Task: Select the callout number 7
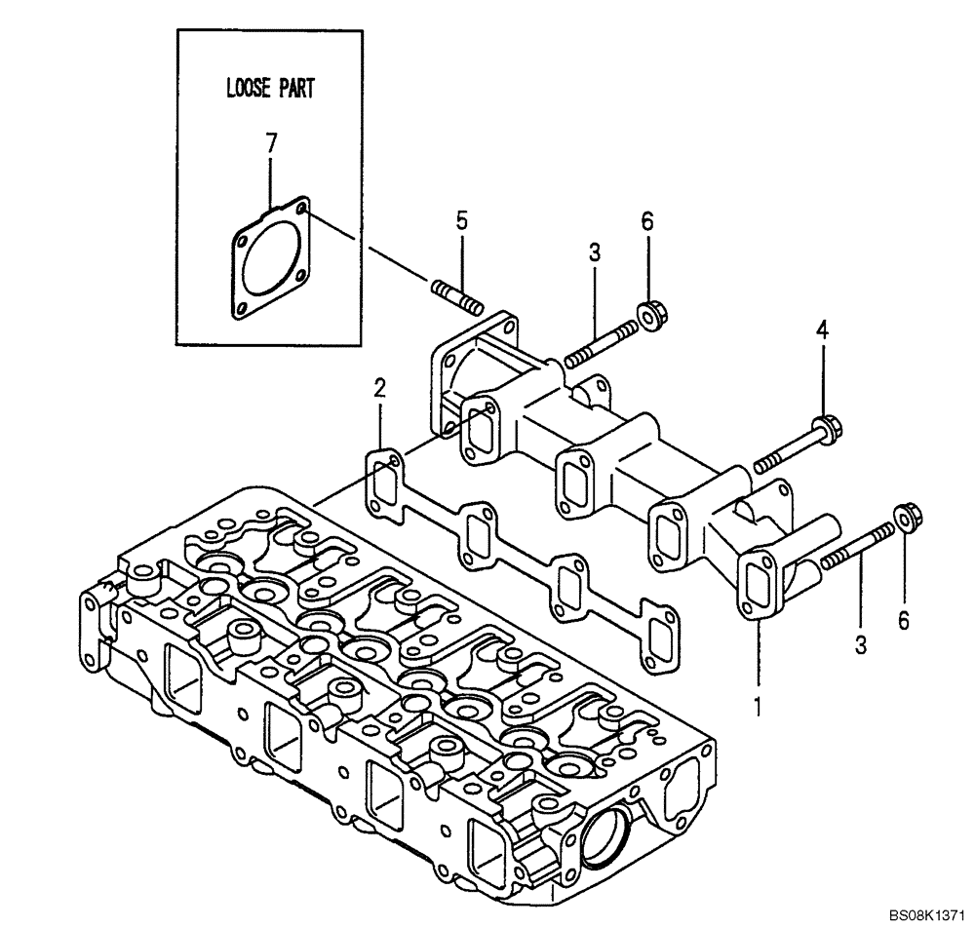pyautogui.click(x=271, y=142)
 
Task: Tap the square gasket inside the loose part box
pyautogui.click(x=271, y=259)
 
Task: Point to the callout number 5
pyautogui.click(x=462, y=221)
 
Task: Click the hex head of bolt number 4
pyautogui.click(x=829, y=426)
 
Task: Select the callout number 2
pyautogui.click(x=380, y=389)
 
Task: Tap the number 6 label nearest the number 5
pyautogui.click(x=646, y=221)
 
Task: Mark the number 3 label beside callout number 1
pyautogui.click(x=861, y=643)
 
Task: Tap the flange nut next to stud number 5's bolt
pyautogui.click(x=646, y=315)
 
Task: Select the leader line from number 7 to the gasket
pyautogui.click(x=271, y=179)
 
